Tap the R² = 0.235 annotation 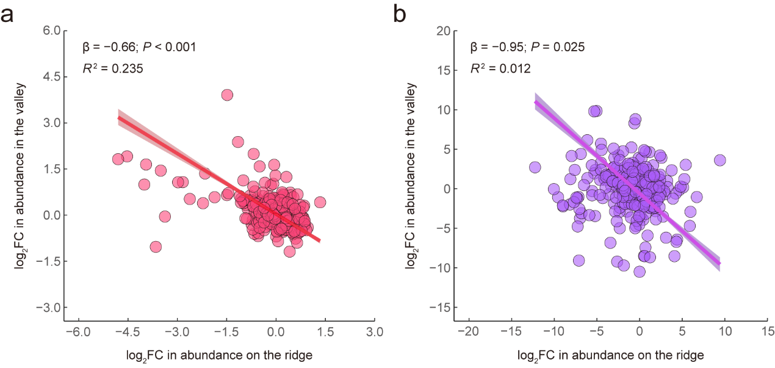(x=113, y=68)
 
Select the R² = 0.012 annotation (x=500, y=68)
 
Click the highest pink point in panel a (x=227, y=95)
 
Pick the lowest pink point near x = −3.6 (x=156, y=247)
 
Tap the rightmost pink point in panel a (x=320, y=203)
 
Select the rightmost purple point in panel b (x=720, y=160)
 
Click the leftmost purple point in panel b (x=535, y=167)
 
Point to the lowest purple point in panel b (x=640, y=272)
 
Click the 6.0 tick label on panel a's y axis (x=51, y=31)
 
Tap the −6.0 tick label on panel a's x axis (x=78, y=332)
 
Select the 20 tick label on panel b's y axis (x=444, y=31)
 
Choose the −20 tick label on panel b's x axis (x=469, y=331)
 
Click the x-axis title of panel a (x=219, y=356)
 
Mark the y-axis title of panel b (x=411, y=176)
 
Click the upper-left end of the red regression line (x=118, y=118)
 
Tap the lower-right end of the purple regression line (x=719, y=264)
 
